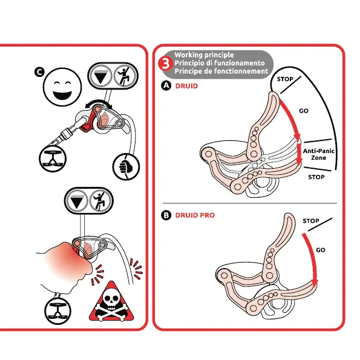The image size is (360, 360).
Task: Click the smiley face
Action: [62, 87]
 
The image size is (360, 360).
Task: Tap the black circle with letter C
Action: [39, 72]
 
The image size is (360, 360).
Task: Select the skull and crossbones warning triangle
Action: [111, 301]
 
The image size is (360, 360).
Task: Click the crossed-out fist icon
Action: [126, 166]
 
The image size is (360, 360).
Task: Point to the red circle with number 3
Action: [165, 64]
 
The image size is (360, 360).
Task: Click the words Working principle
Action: [204, 55]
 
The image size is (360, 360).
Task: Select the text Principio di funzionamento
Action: [220, 63]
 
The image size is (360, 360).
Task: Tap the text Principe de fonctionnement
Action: [221, 71]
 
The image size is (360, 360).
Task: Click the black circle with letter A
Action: [166, 86]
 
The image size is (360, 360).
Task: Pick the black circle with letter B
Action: [166, 215]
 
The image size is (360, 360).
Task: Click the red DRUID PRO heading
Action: [195, 215]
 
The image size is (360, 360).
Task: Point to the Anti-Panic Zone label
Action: [318, 154]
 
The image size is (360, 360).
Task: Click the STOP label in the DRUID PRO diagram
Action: [311, 221]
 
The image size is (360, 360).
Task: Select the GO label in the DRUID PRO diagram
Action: [321, 250]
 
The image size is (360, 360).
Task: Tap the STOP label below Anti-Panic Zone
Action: [316, 177]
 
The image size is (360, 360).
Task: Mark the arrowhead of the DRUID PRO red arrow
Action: [315, 283]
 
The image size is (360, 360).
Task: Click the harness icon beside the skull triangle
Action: [57, 311]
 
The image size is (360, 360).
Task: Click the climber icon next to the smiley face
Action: [124, 76]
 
